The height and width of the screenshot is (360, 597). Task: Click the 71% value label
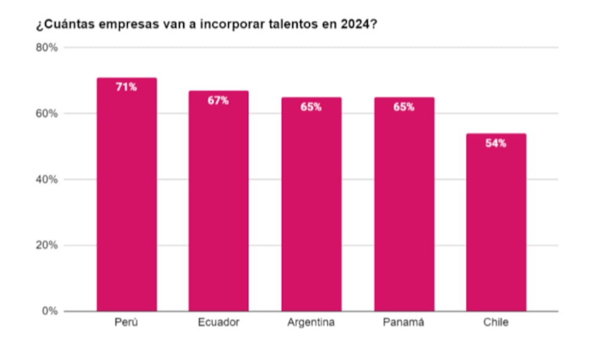click(x=126, y=87)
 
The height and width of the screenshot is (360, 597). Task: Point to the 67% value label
click(x=219, y=100)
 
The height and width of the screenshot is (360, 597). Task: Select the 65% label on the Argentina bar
click(x=311, y=107)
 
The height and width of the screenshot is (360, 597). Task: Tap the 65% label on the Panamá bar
click(x=404, y=107)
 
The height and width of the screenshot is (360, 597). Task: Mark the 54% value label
click(x=496, y=143)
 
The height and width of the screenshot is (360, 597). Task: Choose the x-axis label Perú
click(x=127, y=323)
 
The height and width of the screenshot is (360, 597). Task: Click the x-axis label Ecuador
click(x=219, y=323)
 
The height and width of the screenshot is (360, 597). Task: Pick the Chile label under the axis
click(x=496, y=323)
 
